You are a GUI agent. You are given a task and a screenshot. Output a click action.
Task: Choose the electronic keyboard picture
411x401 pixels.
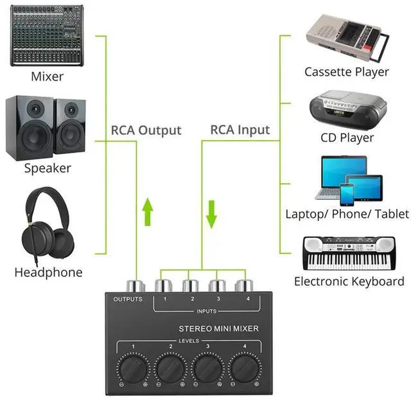[x=348, y=253]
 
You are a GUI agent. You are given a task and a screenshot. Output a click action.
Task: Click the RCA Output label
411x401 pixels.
[x=146, y=130]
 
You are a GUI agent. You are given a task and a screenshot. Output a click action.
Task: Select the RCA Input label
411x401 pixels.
[x=240, y=130]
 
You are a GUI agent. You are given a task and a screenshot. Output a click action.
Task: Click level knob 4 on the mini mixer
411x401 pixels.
[x=247, y=370]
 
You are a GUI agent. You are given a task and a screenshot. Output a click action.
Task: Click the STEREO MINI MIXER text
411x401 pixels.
[x=218, y=328]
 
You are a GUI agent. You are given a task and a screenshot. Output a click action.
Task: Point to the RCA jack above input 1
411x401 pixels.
[x=164, y=285]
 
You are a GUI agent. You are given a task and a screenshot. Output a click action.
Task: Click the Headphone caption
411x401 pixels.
[x=48, y=272]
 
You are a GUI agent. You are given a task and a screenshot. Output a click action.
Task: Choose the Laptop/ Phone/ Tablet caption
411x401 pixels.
[x=347, y=214]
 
